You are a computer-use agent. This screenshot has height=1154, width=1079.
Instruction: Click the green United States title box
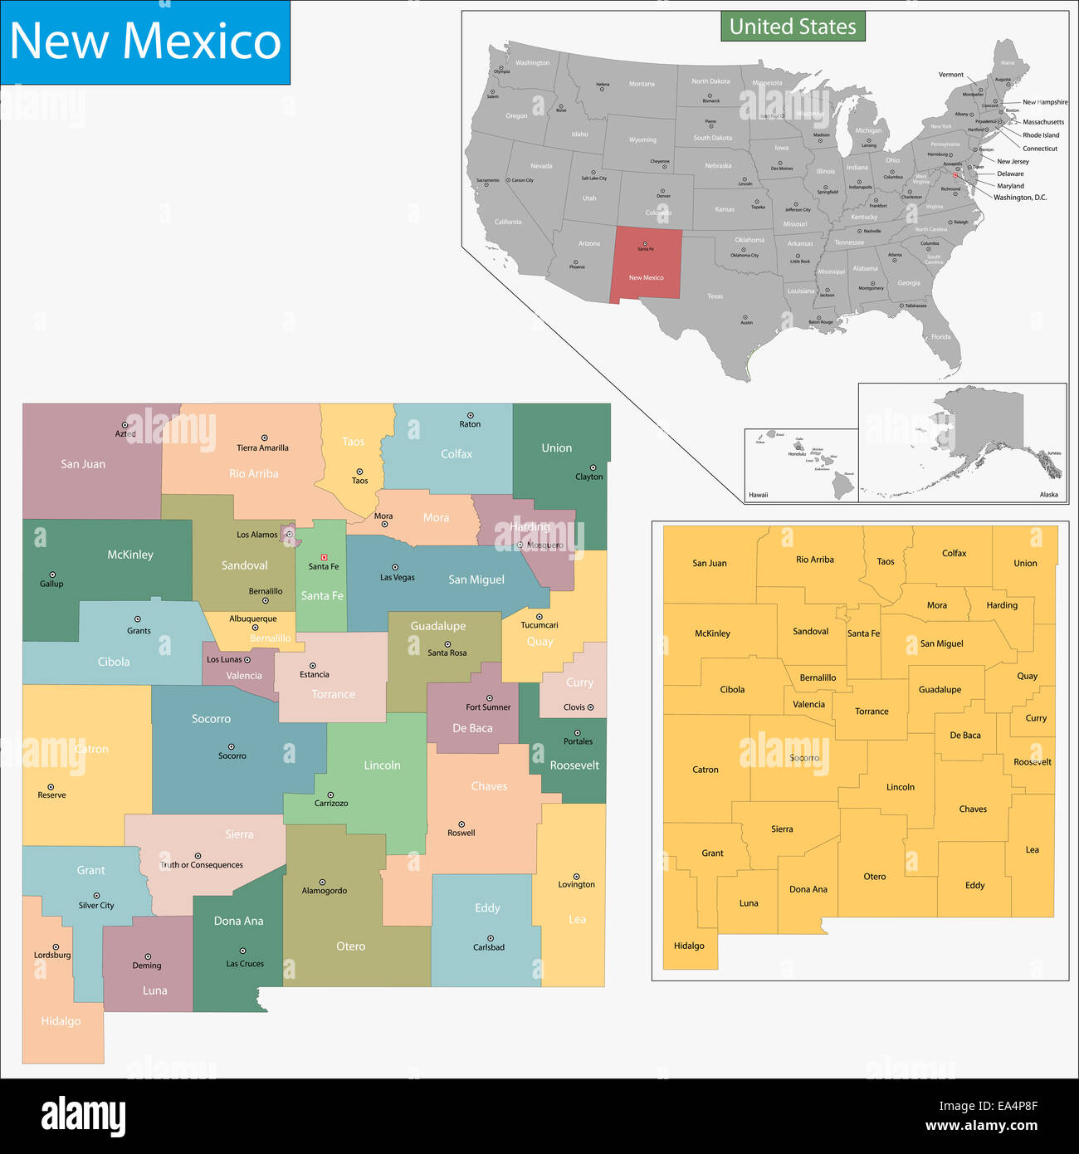(x=793, y=27)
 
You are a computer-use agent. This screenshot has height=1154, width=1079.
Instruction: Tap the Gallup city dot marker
(x=51, y=575)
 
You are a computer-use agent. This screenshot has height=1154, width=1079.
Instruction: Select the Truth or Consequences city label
(x=202, y=865)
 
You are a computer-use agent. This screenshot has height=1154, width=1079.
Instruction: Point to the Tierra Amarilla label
(x=262, y=448)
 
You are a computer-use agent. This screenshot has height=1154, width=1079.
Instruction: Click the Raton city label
(x=470, y=424)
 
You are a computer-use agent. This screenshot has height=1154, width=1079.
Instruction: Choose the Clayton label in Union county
(x=589, y=477)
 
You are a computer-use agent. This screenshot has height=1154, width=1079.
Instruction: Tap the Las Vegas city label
(x=398, y=578)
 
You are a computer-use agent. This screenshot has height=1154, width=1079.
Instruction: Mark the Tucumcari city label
(x=539, y=625)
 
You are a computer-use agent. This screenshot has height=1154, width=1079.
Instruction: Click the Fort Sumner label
(x=488, y=707)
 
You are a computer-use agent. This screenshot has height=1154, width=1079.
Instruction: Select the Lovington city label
(x=576, y=885)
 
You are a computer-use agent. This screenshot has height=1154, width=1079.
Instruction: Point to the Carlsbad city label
(x=489, y=947)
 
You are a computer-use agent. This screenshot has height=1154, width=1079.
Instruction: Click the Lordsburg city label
(x=52, y=956)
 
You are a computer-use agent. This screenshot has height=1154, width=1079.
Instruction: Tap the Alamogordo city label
(x=325, y=891)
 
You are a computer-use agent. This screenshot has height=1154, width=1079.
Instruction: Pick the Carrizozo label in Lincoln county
(x=331, y=804)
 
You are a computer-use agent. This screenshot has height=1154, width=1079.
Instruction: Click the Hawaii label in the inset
(x=759, y=495)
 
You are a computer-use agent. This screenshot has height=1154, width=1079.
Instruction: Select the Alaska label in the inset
(x=1049, y=495)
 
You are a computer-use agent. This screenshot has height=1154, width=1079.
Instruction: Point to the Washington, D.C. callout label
(x=1020, y=198)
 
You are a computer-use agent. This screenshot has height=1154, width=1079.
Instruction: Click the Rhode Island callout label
(x=1041, y=135)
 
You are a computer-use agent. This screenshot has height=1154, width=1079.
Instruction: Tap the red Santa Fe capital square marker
(x=324, y=557)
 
